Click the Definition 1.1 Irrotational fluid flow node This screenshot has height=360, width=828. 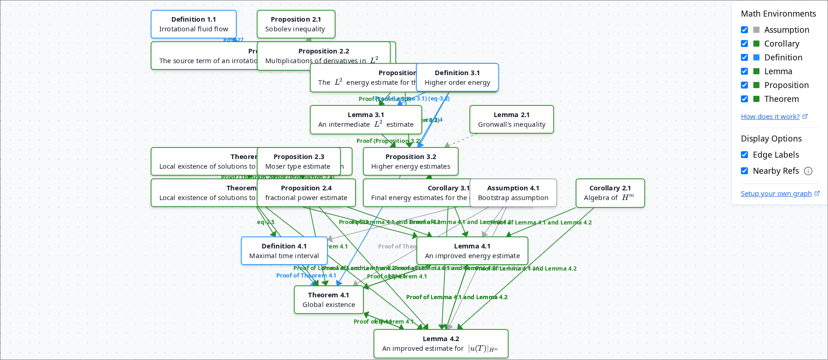click(193, 24)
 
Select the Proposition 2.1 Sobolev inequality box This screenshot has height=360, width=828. click(296, 24)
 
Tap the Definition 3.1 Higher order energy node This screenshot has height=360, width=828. click(457, 78)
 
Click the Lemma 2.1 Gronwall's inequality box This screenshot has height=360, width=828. click(511, 120)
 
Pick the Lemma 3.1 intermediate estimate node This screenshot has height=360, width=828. click(366, 120)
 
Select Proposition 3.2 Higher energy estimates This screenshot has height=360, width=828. click(410, 162)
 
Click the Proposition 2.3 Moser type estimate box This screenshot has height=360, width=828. click(298, 162)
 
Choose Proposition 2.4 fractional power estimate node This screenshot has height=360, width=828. click(306, 193)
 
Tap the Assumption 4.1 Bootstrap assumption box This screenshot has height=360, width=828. click(513, 193)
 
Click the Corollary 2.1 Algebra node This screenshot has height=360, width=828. click(610, 193)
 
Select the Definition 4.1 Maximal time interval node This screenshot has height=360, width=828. click(284, 251)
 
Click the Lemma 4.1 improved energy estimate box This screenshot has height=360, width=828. click(472, 251)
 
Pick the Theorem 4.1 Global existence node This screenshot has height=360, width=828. click(328, 300)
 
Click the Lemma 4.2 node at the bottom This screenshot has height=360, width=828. click(441, 344)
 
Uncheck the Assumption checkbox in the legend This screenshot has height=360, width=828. click(744, 30)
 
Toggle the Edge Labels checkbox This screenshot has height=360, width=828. click(744, 155)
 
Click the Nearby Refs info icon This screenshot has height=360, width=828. click(808, 171)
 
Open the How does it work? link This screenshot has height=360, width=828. click(770, 117)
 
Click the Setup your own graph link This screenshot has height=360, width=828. click(776, 194)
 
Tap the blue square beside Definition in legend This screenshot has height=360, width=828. click(756, 58)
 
